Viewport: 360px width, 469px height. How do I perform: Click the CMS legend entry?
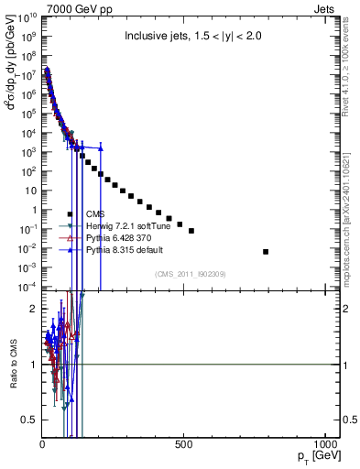click(x=95, y=213)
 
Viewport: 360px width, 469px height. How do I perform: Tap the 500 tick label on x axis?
click(x=183, y=446)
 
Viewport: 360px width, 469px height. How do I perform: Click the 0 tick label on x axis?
click(x=42, y=446)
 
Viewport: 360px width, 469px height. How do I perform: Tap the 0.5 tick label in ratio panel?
click(x=29, y=420)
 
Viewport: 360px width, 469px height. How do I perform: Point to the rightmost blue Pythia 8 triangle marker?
click(x=101, y=147)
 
